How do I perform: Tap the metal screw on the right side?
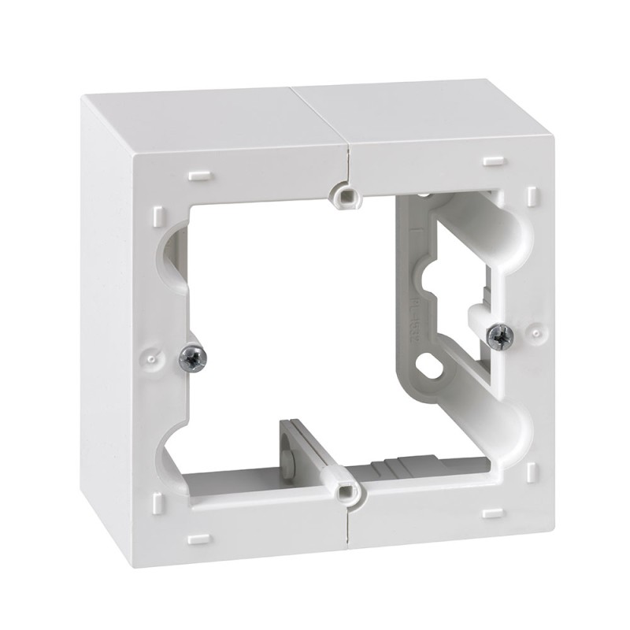[499, 336]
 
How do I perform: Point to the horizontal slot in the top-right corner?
[493, 161]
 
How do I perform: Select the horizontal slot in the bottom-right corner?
[493, 513]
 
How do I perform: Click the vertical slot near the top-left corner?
[159, 214]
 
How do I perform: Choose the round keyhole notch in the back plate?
[432, 278]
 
